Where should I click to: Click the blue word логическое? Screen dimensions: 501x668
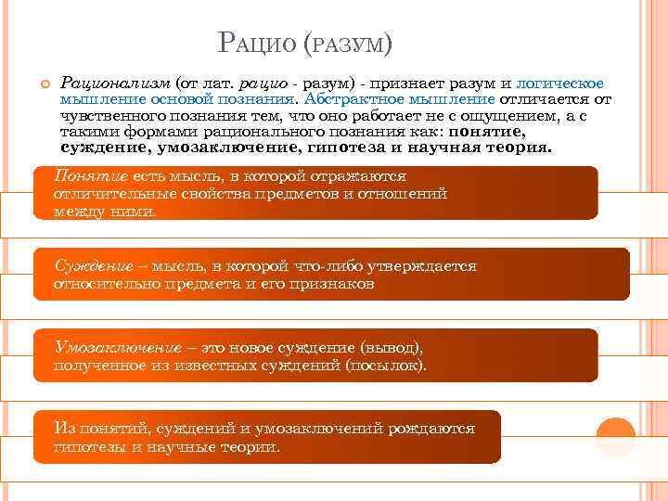[559, 84]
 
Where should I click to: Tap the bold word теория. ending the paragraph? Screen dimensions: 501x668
[520, 148]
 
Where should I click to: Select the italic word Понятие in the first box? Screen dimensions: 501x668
[92, 175]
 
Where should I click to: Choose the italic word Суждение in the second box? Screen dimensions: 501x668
[93, 266]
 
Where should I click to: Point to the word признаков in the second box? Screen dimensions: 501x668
[332, 284]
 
